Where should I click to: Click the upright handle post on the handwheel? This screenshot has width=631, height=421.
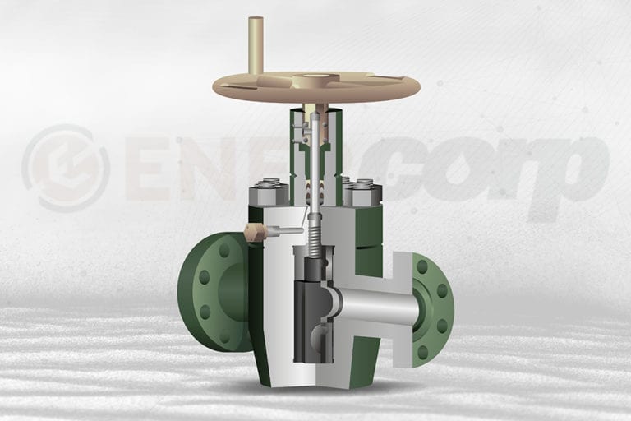point(256,44)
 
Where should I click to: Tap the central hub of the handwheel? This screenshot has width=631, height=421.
point(315,81)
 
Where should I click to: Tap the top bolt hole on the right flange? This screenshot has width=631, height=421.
point(422,266)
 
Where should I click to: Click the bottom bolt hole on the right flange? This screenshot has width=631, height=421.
point(422,352)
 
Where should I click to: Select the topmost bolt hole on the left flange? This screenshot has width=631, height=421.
point(223,249)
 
